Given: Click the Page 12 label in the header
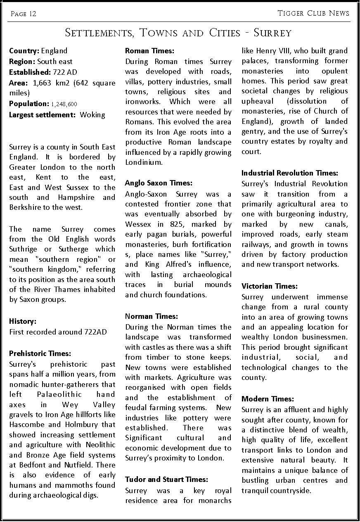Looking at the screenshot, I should tap(24, 14).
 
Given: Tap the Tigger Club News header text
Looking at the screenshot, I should tap(314, 13).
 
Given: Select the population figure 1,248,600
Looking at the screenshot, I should tap(64, 104).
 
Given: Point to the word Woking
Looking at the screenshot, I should tap(92, 114).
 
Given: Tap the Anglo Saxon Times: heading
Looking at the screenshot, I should tap(159, 183).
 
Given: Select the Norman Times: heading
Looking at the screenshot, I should tap(151, 316).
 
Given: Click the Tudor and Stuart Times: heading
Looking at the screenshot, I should tap(166, 479).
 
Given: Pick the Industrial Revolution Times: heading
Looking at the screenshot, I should tap(289, 173).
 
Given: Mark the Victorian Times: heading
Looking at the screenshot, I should tap(269, 286).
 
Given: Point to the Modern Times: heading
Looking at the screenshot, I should tap(268, 399).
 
